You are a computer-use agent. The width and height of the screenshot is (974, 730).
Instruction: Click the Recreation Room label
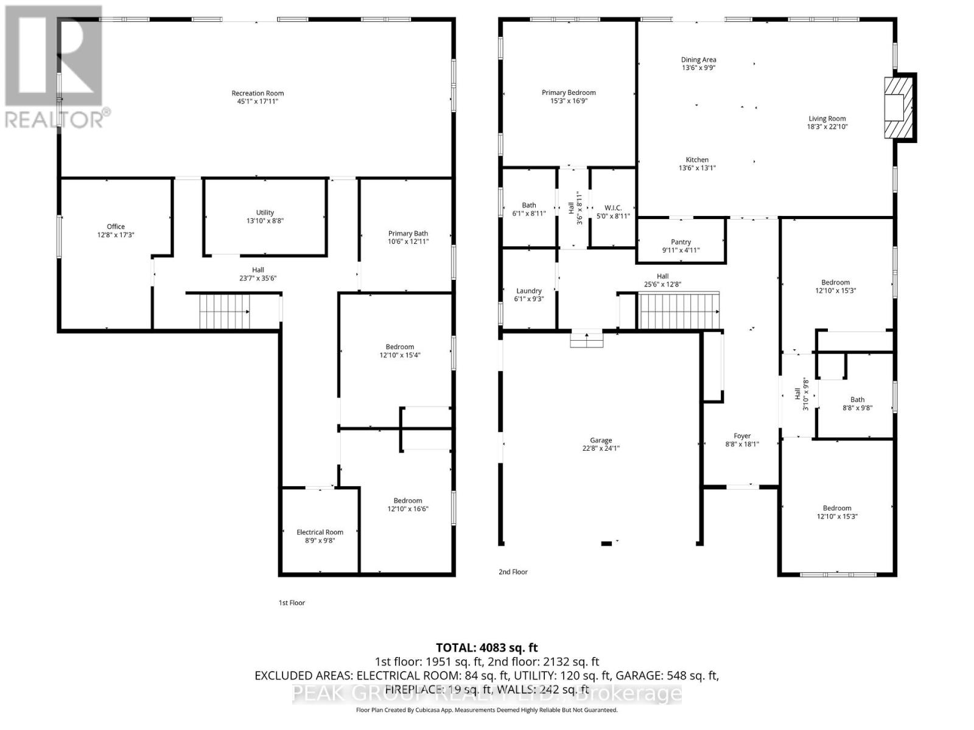(258, 93)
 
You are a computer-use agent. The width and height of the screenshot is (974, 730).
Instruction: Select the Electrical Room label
(320, 532)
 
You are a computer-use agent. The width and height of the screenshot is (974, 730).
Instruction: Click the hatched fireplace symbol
(899, 107)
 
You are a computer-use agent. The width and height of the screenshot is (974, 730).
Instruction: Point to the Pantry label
(681, 242)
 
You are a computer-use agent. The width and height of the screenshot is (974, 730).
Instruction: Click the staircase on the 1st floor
(224, 311)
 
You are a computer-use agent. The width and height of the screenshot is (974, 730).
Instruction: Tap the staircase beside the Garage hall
(679, 311)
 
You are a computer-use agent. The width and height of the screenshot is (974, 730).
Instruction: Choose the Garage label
(600, 440)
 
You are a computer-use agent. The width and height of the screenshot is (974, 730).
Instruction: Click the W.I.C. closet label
(613, 208)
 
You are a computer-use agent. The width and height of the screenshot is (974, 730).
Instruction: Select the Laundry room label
(528, 291)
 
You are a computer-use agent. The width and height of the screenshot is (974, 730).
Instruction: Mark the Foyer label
(741, 436)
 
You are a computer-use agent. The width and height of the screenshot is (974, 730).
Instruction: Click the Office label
(116, 226)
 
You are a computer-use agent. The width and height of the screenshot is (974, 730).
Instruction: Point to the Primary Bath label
(408, 234)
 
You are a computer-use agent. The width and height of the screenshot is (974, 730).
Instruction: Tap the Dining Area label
(698, 60)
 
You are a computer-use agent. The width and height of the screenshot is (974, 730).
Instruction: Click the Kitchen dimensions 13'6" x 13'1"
(697, 168)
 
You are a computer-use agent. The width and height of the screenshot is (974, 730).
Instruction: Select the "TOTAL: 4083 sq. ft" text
(486, 648)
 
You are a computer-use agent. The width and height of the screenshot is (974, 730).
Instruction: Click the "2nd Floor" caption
(513, 572)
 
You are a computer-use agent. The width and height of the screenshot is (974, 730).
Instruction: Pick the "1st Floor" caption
(292, 603)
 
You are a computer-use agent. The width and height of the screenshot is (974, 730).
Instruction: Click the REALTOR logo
(55, 67)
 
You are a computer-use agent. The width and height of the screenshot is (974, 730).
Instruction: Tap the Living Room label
(827, 119)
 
